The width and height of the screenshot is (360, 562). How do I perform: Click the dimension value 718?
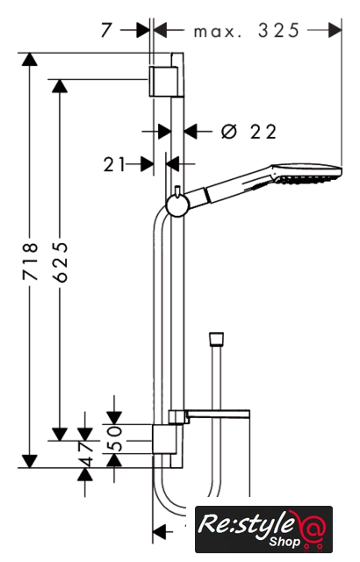pos(30,262)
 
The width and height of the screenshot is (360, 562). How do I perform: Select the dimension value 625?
pos(60,262)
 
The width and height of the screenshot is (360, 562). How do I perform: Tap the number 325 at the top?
pos(278,31)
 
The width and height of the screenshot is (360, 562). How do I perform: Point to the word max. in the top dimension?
pos(218,32)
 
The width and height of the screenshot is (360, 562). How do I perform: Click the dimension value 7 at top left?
pos(106,30)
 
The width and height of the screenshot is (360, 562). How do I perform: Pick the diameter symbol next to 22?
pos(229,131)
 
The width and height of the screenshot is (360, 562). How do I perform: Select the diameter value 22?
pos(263,132)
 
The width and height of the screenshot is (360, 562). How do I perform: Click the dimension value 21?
pos(114,165)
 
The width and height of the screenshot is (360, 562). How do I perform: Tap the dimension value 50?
pos(115,438)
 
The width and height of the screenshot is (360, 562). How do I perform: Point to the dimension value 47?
pos(86,454)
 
